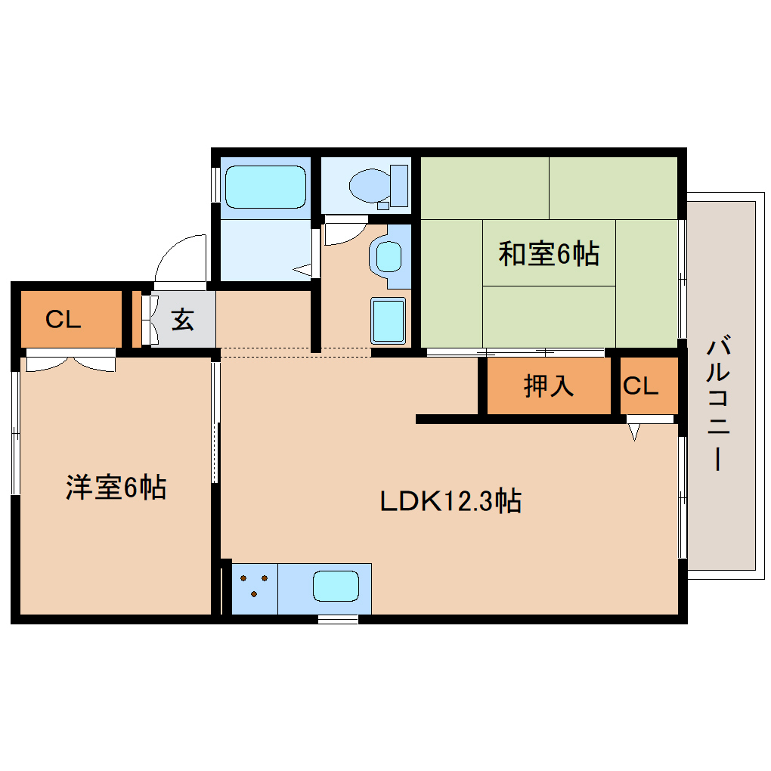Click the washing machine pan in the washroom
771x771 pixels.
(388, 320)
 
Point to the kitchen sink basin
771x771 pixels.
(336, 587)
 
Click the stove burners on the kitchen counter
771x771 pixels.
(255, 587)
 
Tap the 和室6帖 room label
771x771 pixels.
(548, 254)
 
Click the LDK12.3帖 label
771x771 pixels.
(450, 501)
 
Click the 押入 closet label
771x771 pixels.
(549, 386)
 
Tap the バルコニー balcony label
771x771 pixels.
(719, 404)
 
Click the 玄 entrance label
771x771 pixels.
(182, 319)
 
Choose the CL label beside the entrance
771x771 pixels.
(63, 320)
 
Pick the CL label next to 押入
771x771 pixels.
(640, 386)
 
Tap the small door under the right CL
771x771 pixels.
(634, 431)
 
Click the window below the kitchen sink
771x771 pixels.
(338, 619)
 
